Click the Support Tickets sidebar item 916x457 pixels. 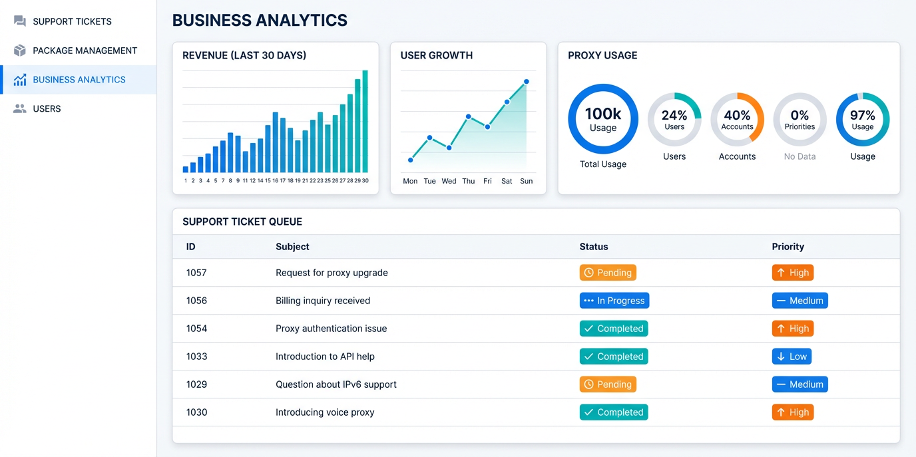click(x=63, y=21)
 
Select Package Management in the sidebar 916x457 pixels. click(x=75, y=51)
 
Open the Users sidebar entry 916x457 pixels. click(x=37, y=108)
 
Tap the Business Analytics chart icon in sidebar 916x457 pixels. click(x=19, y=80)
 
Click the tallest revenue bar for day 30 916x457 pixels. click(x=365, y=122)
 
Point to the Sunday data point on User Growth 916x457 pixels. click(x=527, y=82)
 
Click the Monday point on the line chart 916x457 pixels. click(x=411, y=160)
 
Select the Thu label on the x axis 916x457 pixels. click(x=468, y=181)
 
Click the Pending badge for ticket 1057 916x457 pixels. click(x=608, y=273)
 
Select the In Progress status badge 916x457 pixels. click(x=614, y=301)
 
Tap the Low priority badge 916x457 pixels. click(x=792, y=357)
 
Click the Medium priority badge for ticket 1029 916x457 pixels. click(x=800, y=384)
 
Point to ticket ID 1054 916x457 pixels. click(x=196, y=329)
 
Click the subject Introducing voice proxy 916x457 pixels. click(x=325, y=412)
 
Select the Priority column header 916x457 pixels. click(x=788, y=247)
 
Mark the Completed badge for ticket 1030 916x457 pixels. click(x=614, y=412)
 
